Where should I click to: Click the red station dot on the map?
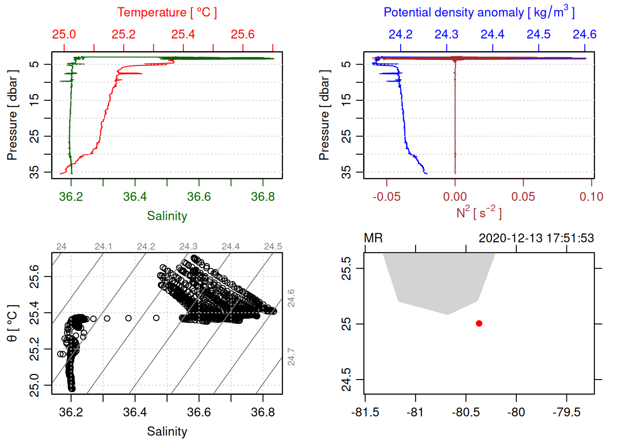(479, 323)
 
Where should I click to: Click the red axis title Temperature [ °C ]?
(167, 13)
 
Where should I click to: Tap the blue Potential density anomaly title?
(479, 13)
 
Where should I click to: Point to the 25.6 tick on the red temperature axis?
(243, 34)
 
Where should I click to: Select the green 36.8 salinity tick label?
(263, 197)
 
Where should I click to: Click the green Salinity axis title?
(167, 216)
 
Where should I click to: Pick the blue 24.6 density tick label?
(584, 34)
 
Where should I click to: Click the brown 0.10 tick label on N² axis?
(591, 197)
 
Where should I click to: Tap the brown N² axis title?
(479, 213)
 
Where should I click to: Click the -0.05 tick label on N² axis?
(386, 197)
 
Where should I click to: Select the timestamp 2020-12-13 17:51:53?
(536, 238)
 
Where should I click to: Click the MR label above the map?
(373, 238)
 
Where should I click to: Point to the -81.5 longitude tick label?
(365, 413)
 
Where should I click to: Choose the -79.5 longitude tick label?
(566, 413)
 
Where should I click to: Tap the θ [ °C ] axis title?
(12, 323)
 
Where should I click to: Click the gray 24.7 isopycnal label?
(291, 356)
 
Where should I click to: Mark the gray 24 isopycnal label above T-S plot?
(61, 247)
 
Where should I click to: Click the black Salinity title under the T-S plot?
(167, 432)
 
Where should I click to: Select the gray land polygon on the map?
(441, 279)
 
